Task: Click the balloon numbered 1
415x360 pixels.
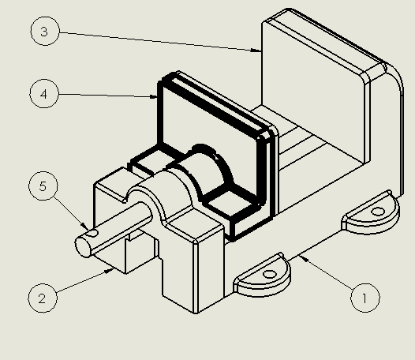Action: click(365, 298)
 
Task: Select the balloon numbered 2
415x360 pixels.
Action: click(43, 298)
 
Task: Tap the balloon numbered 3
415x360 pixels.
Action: click(45, 31)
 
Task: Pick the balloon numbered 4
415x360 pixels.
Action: click(44, 93)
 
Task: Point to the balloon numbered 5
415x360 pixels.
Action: click(43, 186)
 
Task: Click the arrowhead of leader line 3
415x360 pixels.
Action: click(256, 50)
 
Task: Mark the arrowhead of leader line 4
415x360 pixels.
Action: click(154, 96)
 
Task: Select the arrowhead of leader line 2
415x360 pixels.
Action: click(109, 271)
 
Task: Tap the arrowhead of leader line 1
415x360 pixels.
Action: click(303, 258)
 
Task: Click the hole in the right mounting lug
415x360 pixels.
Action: click(378, 212)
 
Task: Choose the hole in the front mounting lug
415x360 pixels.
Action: click(270, 274)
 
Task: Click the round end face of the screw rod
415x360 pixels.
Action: click(83, 247)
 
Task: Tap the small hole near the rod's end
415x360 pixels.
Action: click(93, 234)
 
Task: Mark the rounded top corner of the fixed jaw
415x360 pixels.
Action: click(393, 77)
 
